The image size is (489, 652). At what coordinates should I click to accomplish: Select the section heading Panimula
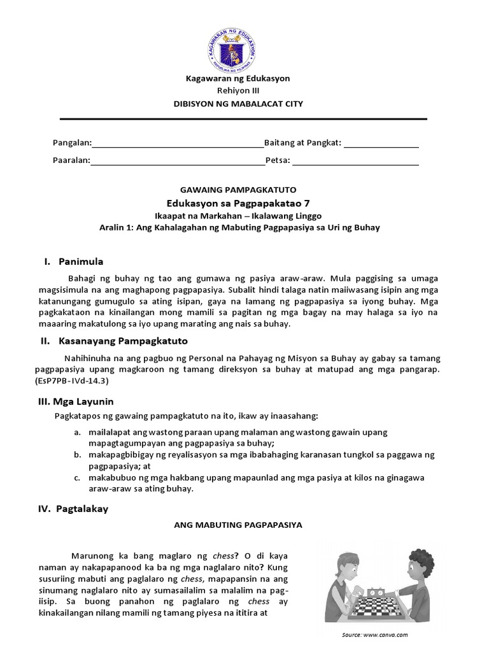(x=81, y=261)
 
